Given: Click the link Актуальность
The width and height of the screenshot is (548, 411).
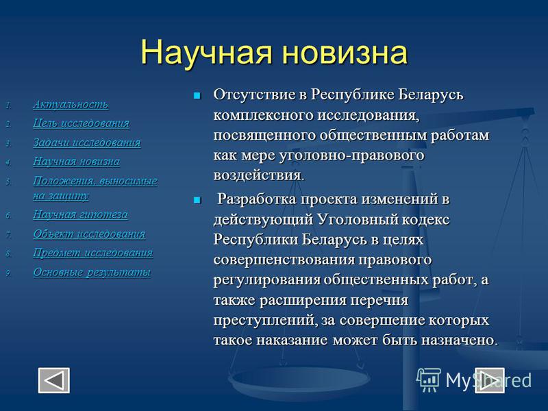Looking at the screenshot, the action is coord(71,105).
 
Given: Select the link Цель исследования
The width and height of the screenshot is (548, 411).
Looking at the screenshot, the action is coord(81,123).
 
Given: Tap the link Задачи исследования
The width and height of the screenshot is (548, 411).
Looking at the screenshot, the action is coord(87,142).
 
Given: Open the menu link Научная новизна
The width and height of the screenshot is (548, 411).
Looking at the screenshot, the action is coord(76,162).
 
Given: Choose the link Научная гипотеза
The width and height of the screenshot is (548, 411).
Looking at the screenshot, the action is coord(80,214).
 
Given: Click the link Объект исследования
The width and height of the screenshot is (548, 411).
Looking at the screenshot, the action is coord(89,234).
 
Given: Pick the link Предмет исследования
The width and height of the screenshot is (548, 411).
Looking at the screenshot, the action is coord(92,253).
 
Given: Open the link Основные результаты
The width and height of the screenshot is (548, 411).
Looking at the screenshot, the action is coord(92,272).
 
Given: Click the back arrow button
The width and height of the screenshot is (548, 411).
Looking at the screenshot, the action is coord(54,380).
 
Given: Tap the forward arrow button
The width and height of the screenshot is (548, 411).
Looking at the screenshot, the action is coord(489,380).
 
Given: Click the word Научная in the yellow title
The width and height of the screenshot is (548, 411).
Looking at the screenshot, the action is coord(206,53).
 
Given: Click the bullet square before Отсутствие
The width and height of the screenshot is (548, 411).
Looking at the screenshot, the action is coord(197,95).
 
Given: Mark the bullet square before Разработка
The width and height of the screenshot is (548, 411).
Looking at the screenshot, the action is coord(197,200).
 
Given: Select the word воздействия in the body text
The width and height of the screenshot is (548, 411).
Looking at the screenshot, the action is coord(259,175).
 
